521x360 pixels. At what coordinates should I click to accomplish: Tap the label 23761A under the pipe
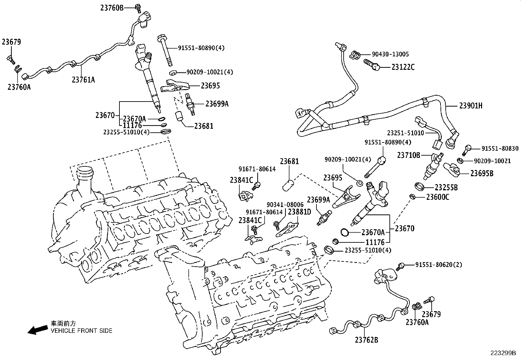83,79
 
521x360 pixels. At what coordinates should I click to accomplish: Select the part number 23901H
471,105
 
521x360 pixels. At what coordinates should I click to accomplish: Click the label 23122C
403,67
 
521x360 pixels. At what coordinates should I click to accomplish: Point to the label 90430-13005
390,54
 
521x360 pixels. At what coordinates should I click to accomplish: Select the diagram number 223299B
503,353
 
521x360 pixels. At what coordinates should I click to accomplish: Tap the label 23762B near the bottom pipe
366,340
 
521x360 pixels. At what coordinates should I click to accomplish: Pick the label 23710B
409,155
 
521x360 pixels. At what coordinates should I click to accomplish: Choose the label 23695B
482,173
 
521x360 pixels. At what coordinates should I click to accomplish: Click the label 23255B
446,187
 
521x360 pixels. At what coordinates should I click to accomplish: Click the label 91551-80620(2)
439,265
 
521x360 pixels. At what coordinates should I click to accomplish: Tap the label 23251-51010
405,133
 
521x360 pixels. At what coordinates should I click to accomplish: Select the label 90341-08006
285,205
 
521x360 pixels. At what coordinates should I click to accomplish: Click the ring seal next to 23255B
420,187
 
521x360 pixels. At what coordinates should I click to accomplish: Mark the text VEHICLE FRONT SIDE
81,331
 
